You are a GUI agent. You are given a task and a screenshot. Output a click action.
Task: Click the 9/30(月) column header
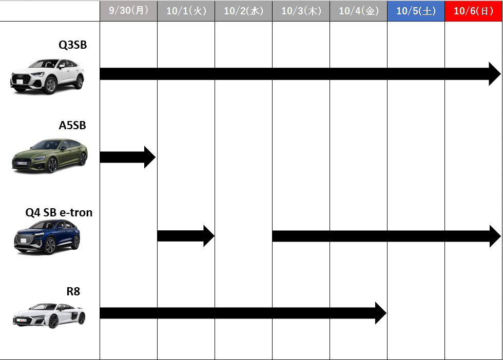[x=128, y=11]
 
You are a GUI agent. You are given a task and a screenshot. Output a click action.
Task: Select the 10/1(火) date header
[x=186, y=11]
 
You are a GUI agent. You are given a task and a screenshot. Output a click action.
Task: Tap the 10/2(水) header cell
[x=243, y=11]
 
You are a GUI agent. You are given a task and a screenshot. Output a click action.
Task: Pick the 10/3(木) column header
[x=301, y=11]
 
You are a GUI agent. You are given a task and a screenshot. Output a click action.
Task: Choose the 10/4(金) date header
[x=358, y=11]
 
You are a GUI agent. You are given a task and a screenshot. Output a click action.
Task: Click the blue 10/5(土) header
[x=416, y=11]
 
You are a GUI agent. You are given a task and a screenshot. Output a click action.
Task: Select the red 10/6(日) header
[x=473, y=11]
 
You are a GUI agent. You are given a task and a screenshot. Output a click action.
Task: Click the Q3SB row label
[x=72, y=45]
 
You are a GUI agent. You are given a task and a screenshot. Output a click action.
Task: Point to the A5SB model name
[x=72, y=125]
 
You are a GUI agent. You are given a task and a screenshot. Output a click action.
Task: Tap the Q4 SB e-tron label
[x=59, y=212]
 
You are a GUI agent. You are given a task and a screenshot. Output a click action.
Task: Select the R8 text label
[x=73, y=291]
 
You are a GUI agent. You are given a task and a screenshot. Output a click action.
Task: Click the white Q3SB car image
[x=47, y=76]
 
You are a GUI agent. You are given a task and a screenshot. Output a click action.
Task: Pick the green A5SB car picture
[x=50, y=156]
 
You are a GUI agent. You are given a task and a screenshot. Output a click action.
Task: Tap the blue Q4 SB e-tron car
[x=47, y=237]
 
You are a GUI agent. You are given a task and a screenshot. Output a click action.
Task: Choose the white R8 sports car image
[x=49, y=315]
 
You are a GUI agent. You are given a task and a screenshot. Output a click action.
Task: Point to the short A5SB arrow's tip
[x=156, y=157]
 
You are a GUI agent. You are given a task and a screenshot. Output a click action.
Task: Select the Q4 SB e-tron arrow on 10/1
[x=186, y=236]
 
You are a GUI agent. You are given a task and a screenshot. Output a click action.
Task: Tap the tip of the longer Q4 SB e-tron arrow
[x=500, y=236]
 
